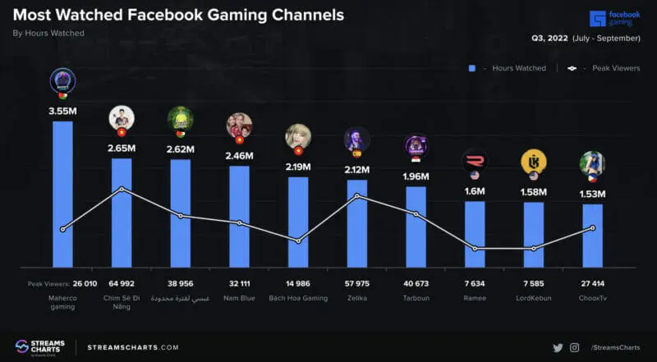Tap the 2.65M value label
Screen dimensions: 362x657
click(122, 148)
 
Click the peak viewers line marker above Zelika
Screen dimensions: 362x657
click(357, 196)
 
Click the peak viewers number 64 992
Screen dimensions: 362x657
click(122, 283)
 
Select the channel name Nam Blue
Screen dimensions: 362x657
click(239, 298)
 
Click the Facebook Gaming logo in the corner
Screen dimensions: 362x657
click(615, 18)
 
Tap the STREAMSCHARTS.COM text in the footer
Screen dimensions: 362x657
click(132, 347)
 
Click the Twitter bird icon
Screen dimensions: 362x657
click(558, 347)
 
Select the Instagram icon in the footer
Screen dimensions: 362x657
click(575, 347)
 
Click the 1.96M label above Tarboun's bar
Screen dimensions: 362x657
click(416, 176)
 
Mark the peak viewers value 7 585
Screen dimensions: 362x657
click(534, 283)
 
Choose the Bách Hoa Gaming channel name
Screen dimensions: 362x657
click(298, 298)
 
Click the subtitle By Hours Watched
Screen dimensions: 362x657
click(48, 34)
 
